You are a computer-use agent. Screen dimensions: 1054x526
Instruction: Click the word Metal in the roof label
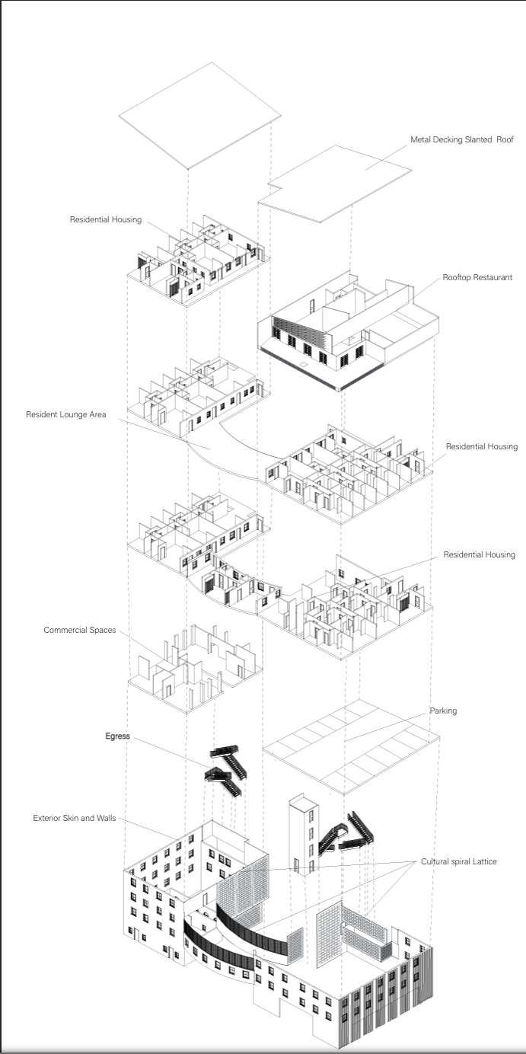click(422, 139)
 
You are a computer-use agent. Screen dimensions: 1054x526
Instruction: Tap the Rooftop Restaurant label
click(477, 278)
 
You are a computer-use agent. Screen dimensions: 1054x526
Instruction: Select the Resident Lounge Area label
click(66, 415)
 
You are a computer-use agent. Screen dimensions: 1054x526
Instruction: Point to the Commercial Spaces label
click(80, 630)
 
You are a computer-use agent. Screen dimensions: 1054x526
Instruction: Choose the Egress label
click(118, 736)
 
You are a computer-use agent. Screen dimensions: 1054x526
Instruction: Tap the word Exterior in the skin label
click(49, 819)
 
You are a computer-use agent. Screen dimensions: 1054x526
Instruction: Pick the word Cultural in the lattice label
click(436, 862)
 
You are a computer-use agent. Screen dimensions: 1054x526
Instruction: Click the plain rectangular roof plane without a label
click(199, 114)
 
